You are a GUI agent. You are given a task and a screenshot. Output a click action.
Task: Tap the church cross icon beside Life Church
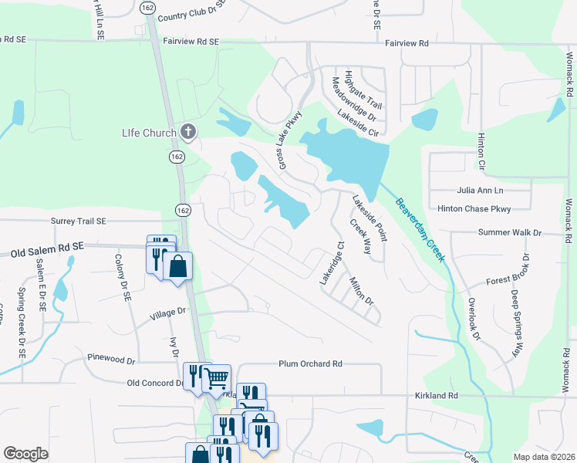187,131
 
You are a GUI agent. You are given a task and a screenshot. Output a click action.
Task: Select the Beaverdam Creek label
420,230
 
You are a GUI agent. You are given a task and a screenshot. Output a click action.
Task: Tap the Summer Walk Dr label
510,232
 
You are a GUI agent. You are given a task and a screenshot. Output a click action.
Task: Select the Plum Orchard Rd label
310,363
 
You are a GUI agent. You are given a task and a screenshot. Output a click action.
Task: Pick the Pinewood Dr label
111,360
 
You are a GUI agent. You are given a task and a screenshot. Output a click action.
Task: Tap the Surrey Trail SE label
77,221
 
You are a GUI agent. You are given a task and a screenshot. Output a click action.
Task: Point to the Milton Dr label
360,290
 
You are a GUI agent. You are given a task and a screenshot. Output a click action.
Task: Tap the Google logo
25,454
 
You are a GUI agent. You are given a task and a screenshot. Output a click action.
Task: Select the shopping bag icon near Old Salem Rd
177,267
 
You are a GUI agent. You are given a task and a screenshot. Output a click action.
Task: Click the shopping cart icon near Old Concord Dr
217,377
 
